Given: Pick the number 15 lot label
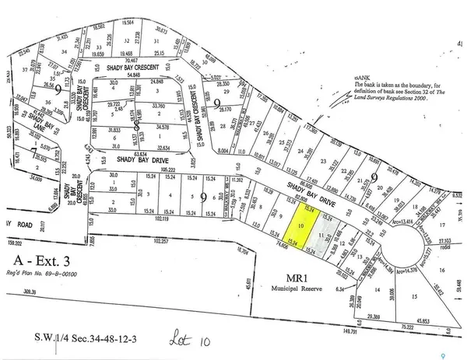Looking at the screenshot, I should click(x=415, y=297).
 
